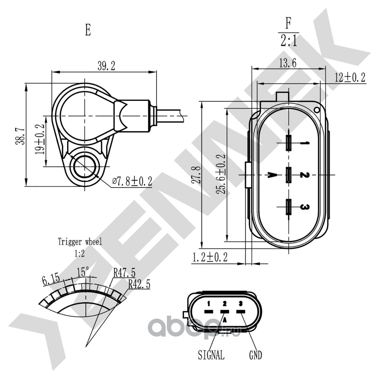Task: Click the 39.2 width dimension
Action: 106,66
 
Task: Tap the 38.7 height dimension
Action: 20,136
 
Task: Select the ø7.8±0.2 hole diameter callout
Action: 132,181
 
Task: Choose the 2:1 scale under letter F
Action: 288,40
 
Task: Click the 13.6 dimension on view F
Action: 288,63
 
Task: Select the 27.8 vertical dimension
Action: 197,175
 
